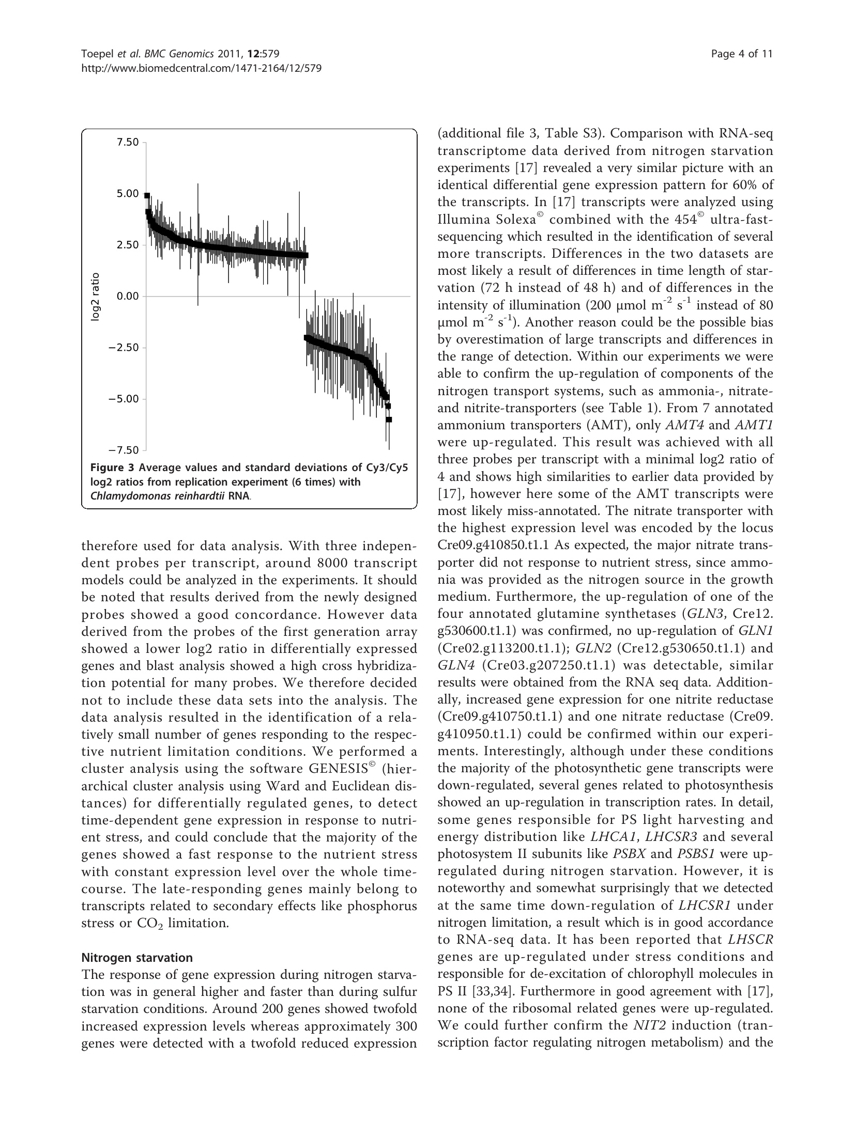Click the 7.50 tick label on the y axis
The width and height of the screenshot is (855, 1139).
(x=128, y=142)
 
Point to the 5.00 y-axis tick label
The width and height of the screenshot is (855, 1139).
(x=128, y=194)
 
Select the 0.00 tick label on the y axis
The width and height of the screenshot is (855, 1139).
(x=128, y=296)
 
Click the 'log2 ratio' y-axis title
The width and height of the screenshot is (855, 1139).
(x=96, y=296)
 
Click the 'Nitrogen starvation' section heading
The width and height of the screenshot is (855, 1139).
(x=137, y=957)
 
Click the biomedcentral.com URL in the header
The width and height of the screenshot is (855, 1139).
(x=202, y=68)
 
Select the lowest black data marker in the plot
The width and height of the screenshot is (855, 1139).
(x=389, y=419)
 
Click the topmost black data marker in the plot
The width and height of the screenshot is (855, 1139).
(x=147, y=196)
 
